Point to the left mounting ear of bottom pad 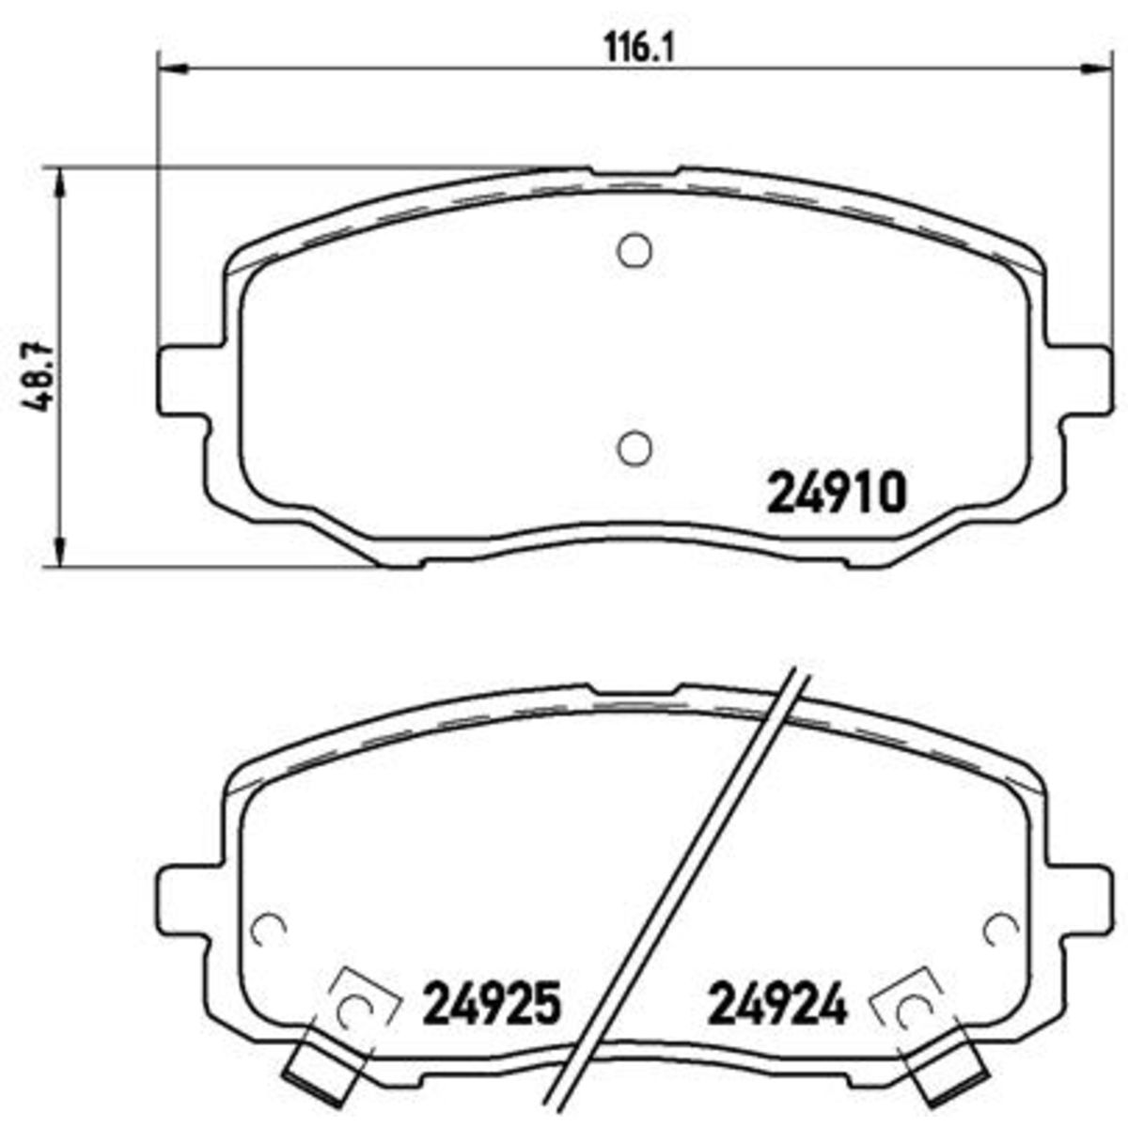tap(180, 889)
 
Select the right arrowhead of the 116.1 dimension tap(1094, 68)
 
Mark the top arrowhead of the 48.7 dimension tap(61, 180)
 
